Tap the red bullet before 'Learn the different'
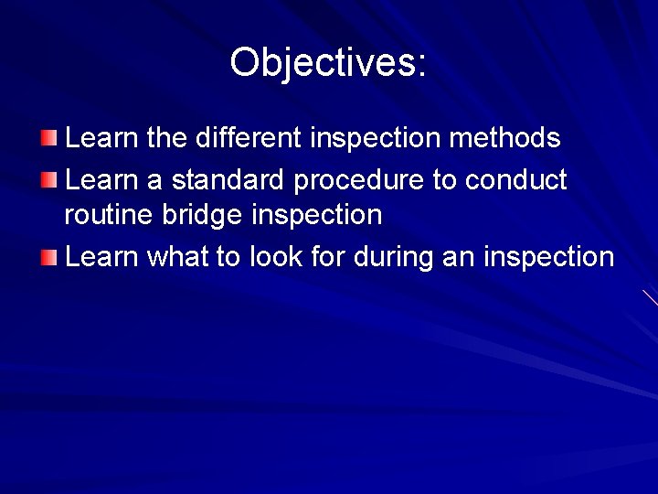48,138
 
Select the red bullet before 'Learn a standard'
48,179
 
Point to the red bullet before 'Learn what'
48,257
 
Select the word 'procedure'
360,180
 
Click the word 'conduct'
516,179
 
